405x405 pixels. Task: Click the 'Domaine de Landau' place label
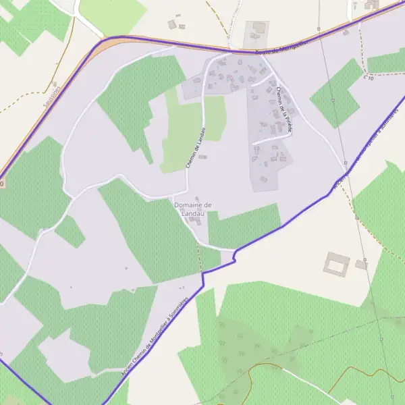[193, 209]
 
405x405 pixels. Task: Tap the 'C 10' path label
[369, 78]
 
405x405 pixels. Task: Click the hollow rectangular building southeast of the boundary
[335, 263]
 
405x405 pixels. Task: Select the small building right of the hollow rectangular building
[361, 265]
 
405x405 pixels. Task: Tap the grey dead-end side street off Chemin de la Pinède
[270, 138]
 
